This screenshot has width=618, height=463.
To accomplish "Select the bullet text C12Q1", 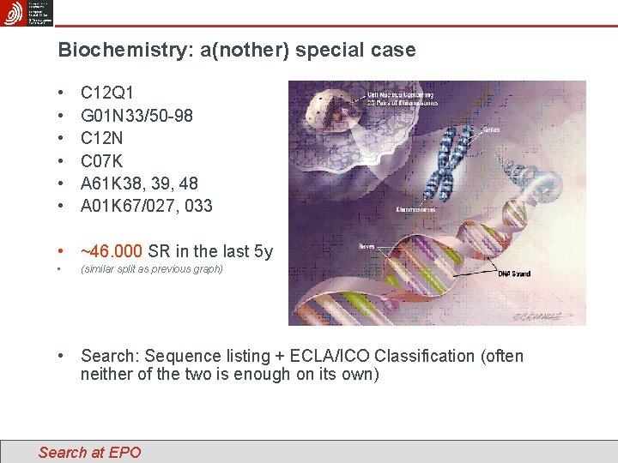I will coord(107,92).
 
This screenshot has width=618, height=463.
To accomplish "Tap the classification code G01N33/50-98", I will coord(136,114).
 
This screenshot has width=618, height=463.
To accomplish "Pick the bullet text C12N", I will coord(102,137).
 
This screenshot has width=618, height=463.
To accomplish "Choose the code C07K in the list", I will coord(102,160).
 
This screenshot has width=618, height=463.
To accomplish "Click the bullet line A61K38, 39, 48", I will coord(139,183).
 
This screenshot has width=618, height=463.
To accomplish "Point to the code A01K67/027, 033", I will coord(146,206).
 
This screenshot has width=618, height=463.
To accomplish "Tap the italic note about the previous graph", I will coord(151,269).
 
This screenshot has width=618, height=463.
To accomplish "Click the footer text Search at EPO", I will coord(89,452).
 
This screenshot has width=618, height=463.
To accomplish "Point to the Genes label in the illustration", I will coord(493,131).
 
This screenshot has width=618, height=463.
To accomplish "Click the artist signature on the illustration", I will coord(537,316).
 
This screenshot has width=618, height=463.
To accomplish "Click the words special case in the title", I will coord(354,50).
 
